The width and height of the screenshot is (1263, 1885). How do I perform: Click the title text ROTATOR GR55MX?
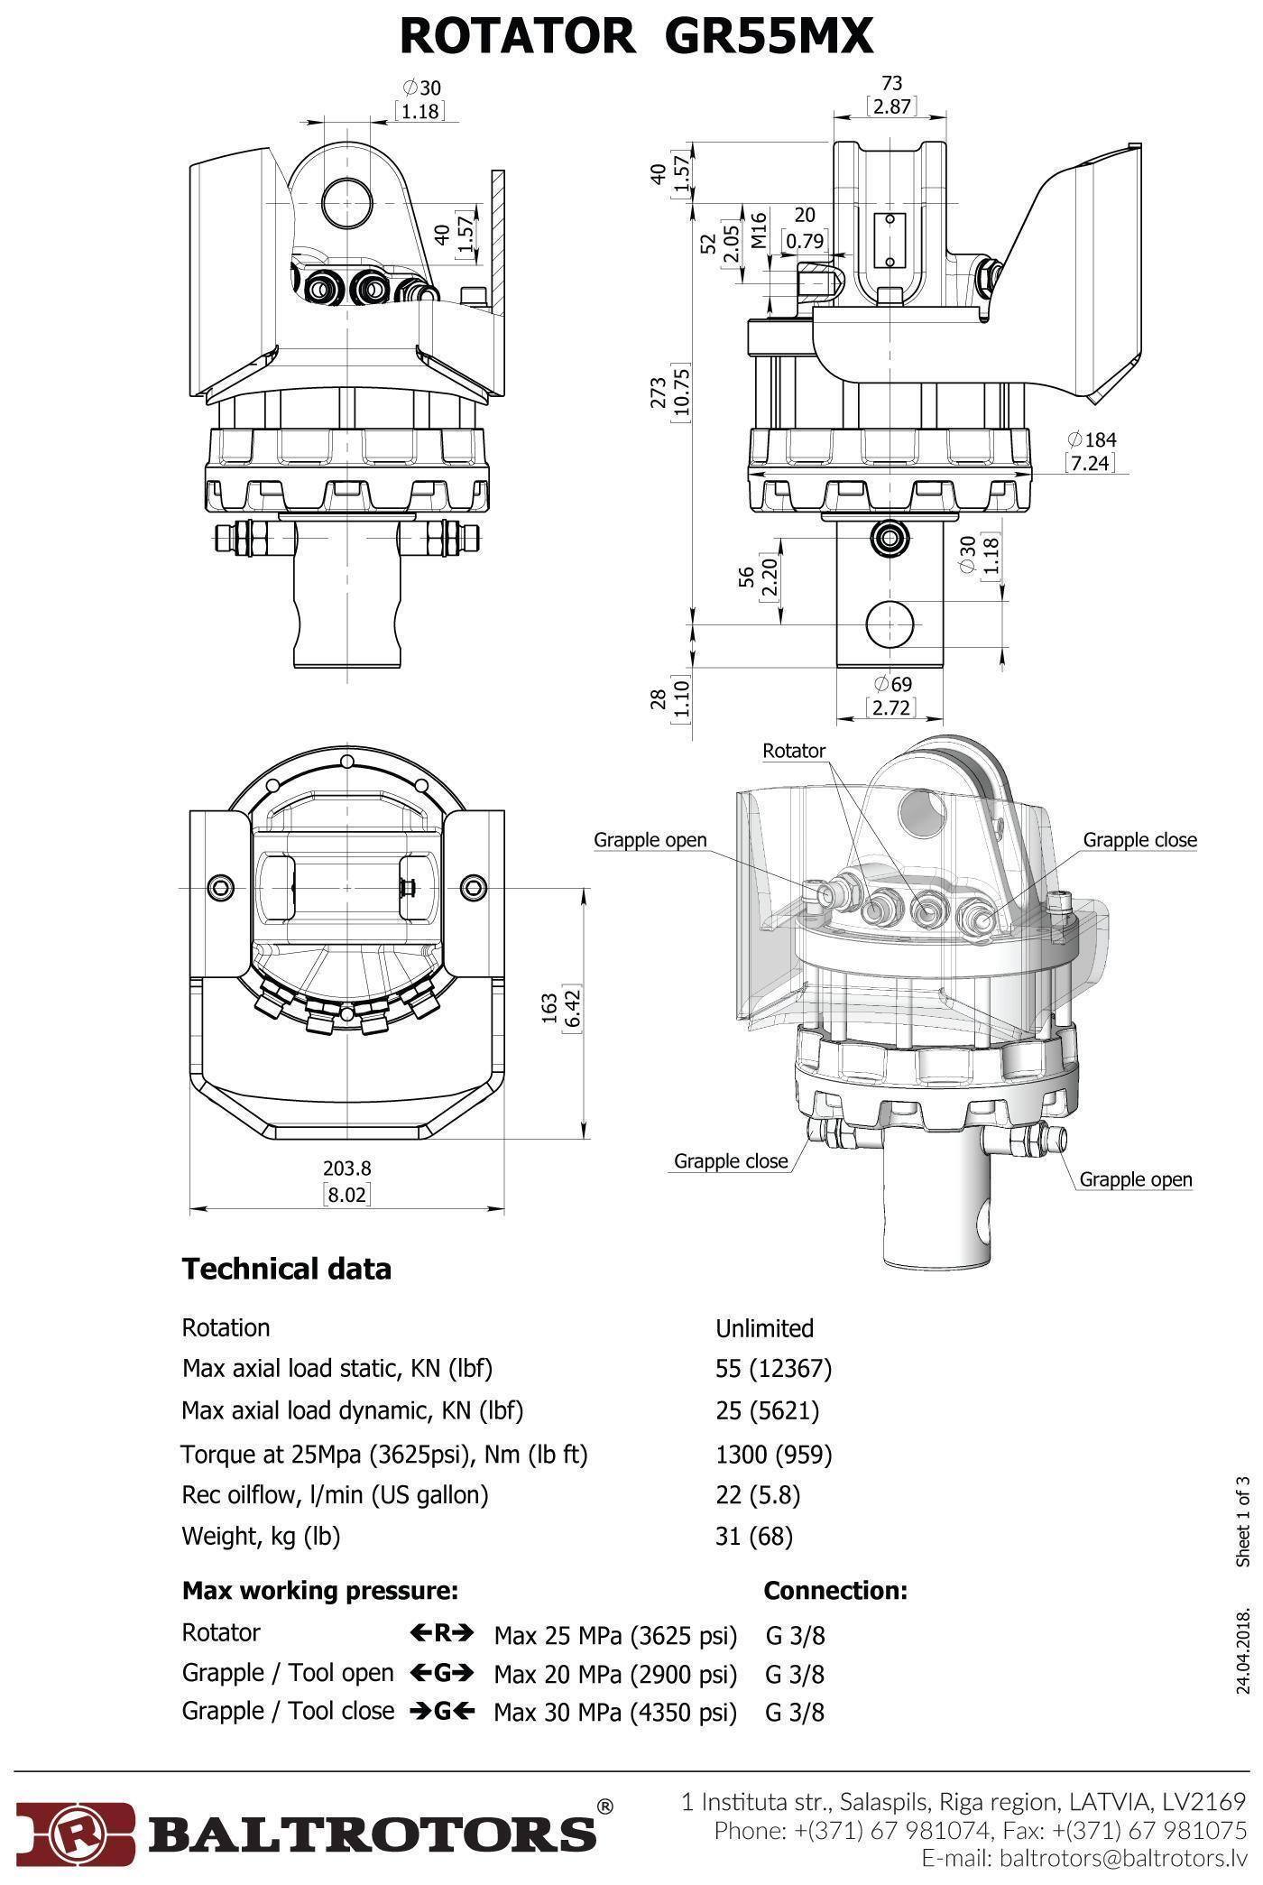coord(636,37)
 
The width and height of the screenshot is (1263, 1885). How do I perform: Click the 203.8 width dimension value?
coord(347,1169)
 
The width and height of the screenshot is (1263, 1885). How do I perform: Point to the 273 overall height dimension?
coord(659,393)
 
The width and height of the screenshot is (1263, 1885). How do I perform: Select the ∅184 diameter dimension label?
coord(1092,439)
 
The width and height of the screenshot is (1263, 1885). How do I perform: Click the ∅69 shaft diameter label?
coord(892,684)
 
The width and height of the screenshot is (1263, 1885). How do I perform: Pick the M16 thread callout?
coord(759,230)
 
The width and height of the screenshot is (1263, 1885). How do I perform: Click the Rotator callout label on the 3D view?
coord(794,751)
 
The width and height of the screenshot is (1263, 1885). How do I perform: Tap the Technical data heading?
coord(287,1269)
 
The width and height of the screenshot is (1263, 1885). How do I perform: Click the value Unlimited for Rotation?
coord(764,1328)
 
